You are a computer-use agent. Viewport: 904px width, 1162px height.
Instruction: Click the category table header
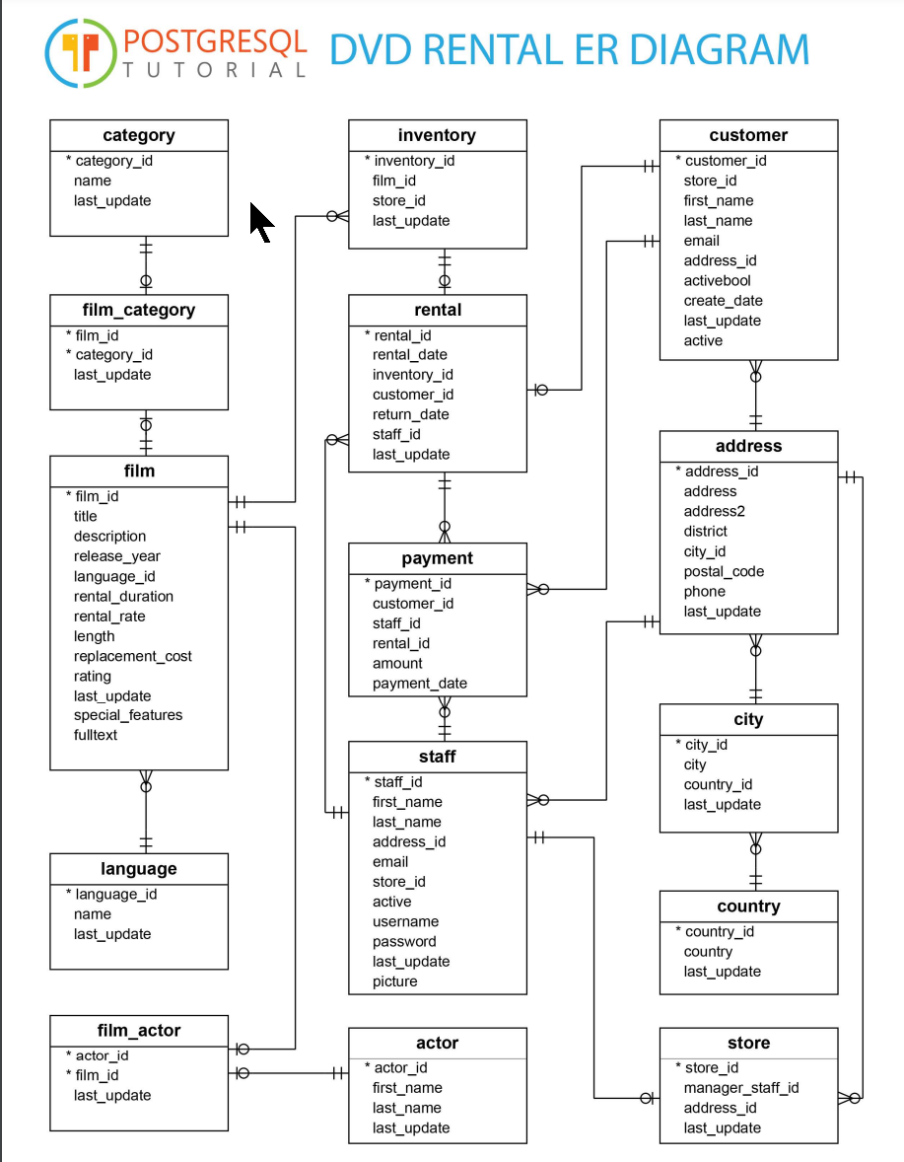[139, 135]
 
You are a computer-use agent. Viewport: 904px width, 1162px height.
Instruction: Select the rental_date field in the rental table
[409, 355]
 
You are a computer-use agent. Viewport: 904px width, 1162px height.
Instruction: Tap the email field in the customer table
[701, 241]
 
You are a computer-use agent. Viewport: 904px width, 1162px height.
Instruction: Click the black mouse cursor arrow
[260, 222]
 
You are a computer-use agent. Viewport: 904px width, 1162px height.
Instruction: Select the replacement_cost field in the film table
[132, 656]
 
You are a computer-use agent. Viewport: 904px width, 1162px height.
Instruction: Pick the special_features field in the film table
[127, 715]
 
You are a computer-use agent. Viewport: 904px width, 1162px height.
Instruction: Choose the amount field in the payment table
[397, 664]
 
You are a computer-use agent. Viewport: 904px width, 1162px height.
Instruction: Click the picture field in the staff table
[394, 981]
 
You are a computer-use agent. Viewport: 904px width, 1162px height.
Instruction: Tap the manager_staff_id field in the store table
[740, 1088]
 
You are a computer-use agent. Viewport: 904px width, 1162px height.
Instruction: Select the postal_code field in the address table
[724, 571]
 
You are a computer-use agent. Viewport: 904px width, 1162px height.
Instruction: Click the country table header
[748, 907]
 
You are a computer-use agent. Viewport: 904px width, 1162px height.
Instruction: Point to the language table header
[139, 869]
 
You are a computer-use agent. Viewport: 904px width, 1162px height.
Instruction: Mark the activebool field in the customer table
[717, 281]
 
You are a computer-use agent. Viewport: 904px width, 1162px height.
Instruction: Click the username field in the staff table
[405, 921]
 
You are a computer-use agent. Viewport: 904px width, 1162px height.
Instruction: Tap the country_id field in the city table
[718, 784]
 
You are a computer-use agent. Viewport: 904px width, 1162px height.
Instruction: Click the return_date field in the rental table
[410, 414]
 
